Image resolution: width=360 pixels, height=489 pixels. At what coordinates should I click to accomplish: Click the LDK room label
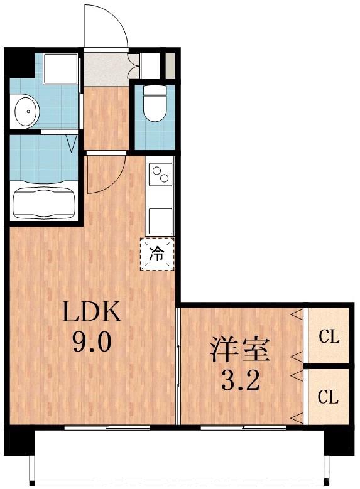[x=92, y=311]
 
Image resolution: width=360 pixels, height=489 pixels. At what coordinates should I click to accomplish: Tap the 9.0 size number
[x=93, y=343]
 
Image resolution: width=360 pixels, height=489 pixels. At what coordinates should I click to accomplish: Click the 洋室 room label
[x=240, y=349]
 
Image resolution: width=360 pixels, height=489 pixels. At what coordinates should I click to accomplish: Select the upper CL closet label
[x=329, y=337]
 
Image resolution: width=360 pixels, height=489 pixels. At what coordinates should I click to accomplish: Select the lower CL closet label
[x=329, y=397]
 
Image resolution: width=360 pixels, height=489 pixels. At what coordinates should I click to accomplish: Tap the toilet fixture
[x=154, y=104]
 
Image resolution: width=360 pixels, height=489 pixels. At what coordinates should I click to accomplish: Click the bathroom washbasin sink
[x=26, y=111]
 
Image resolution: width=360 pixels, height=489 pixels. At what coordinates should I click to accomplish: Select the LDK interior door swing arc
[x=106, y=175]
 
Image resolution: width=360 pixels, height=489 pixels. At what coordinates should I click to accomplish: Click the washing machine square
[x=60, y=69]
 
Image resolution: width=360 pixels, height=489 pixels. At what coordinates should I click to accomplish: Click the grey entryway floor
[x=106, y=70]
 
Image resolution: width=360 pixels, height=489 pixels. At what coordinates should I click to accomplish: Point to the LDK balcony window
[x=107, y=427]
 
